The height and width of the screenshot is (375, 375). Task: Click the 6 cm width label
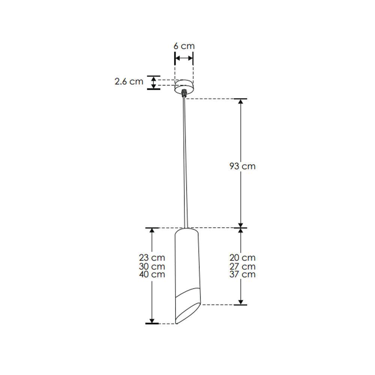[x=184, y=46]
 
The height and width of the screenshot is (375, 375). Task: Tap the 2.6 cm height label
[x=129, y=81]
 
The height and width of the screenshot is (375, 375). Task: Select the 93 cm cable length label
[x=242, y=166]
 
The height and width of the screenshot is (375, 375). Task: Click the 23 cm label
[x=152, y=258]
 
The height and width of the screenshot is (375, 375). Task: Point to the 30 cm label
[x=152, y=266]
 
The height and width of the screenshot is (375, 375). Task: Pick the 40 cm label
[x=152, y=274]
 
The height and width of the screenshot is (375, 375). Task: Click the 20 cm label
[x=242, y=258]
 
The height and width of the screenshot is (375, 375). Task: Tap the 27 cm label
[x=242, y=266]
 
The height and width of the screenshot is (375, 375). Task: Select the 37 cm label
[x=242, y=274]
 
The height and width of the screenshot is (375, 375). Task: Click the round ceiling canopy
[x=184, y=85]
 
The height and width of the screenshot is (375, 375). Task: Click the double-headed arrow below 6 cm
[x=184, y=58]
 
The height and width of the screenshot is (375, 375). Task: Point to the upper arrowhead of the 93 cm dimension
[x=241, y=102]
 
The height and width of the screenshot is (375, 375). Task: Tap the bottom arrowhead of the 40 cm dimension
[x=152, y=320]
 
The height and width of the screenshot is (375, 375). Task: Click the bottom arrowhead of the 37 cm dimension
[x=241, y=301]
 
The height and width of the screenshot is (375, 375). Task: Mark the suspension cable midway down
[x=184, y=161]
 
